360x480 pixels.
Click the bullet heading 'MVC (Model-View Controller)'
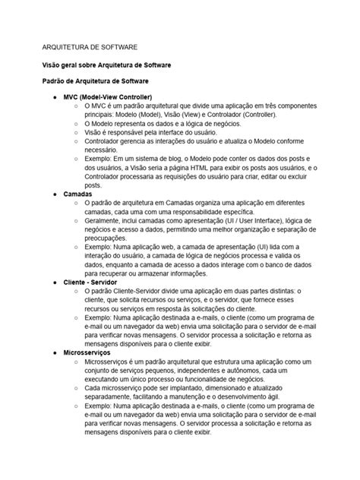point(108,98)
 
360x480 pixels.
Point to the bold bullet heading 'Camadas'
point(78,194)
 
